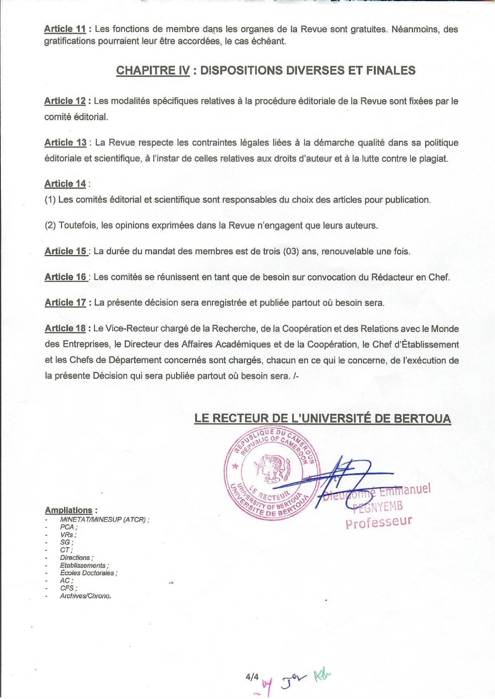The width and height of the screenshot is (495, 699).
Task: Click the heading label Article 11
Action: click(65, 29)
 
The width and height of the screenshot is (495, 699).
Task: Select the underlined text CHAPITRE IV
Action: click(153, 70)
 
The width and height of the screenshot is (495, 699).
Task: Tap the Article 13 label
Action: click(65, 143)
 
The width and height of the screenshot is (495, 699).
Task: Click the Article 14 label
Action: click(65, 184)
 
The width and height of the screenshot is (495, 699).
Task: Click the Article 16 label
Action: click(66, 277)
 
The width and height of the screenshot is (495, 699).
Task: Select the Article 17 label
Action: click(65, 303)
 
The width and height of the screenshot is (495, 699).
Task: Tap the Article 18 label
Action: click(65, 328)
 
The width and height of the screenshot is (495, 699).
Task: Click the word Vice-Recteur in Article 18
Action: click(131, 329)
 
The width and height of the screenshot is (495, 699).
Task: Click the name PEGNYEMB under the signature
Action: click(378, 506)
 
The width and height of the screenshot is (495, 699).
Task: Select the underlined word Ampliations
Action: click(69, 510)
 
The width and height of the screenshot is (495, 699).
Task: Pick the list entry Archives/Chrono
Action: click(85, 596)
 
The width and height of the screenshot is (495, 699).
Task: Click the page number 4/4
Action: click(252, 677)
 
